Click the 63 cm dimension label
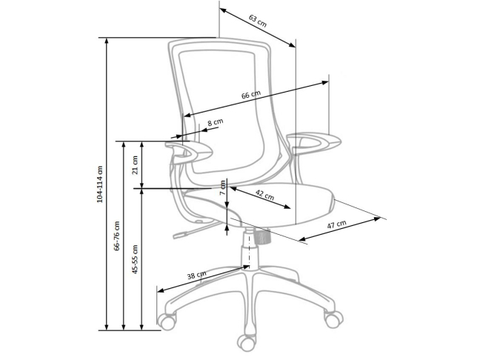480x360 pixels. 258,20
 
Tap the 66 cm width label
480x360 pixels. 251,96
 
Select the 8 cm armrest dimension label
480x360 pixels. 214,122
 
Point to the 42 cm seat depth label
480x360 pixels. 264,196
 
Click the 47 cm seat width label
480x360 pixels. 337,224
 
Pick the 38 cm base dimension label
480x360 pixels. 196,276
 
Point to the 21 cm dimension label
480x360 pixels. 135,164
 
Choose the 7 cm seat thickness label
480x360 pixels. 222,187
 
